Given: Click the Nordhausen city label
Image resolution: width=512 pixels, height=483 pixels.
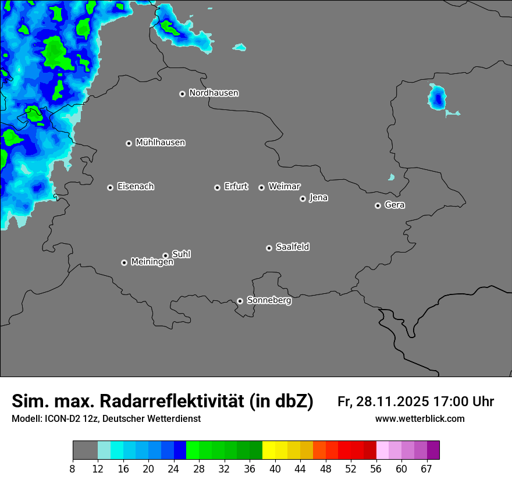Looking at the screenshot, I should (214, 93).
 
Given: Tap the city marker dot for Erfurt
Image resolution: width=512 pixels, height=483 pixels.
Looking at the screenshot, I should (217, 187).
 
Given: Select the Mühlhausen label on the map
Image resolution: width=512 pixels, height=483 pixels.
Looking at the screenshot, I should (160, 143).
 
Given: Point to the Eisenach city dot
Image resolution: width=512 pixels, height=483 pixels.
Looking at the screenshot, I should (110, 187).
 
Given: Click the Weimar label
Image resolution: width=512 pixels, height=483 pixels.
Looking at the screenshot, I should (284, 187).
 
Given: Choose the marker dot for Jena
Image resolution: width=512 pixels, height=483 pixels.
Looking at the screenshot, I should (303, 198).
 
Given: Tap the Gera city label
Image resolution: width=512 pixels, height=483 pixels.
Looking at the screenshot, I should (394, 205).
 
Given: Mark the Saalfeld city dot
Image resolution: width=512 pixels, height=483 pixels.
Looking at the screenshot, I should (269, 248).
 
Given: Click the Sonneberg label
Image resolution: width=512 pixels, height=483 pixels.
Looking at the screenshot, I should (269, 300).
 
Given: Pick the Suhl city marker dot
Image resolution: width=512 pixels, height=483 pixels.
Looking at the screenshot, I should (165, 255).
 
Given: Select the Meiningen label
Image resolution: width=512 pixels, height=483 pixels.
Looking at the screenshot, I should (152, 262).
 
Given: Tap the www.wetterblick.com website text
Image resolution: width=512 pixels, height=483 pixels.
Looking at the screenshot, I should (420, 419).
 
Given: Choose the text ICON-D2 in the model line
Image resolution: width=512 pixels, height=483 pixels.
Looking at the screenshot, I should (61, 419).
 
